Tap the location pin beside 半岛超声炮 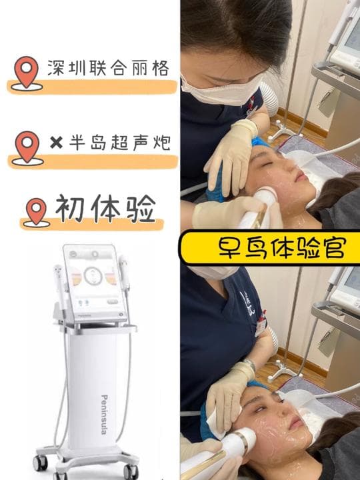[x=27, y=147]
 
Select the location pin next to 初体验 [x=36, y=212]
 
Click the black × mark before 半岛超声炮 [x=56, y=143]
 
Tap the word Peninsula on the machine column [x=105, y=415]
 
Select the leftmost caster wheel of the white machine [x=40, y=463]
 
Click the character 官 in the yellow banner [x=334, y=247]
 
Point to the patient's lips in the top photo [x=301, y=177]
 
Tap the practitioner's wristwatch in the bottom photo [x=249, y=364]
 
